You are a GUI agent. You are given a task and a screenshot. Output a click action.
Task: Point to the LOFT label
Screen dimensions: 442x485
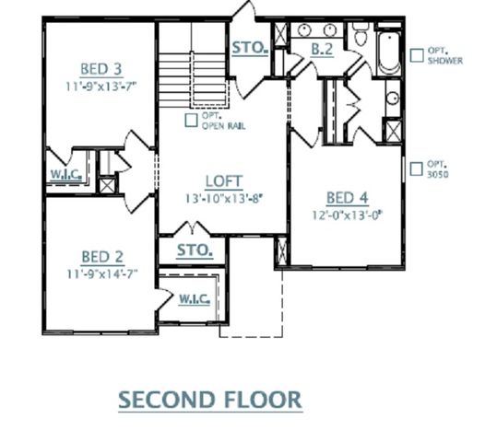point(223,180)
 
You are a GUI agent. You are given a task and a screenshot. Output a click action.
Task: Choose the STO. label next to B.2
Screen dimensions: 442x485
point(249,47)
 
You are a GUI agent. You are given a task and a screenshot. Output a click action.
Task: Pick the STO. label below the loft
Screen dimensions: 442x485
point(195,250)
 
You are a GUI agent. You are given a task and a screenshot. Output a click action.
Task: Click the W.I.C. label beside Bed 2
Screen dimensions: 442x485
point(194,298)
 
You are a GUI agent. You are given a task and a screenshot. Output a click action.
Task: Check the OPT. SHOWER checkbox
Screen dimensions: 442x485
point(418,52)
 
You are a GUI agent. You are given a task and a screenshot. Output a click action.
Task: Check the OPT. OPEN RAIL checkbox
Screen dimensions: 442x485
point(191,119)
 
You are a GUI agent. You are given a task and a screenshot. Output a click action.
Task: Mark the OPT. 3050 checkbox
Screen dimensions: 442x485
point(418,169)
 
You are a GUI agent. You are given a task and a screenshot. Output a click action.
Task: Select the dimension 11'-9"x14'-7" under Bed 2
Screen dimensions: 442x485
point(103,274)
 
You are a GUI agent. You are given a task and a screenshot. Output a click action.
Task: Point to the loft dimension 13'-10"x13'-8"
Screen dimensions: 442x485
point(223,198)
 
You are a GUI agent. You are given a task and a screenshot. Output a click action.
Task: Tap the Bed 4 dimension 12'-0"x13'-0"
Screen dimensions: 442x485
point(347,215)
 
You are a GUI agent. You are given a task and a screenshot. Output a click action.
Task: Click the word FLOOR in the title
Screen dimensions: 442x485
point(263,399)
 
